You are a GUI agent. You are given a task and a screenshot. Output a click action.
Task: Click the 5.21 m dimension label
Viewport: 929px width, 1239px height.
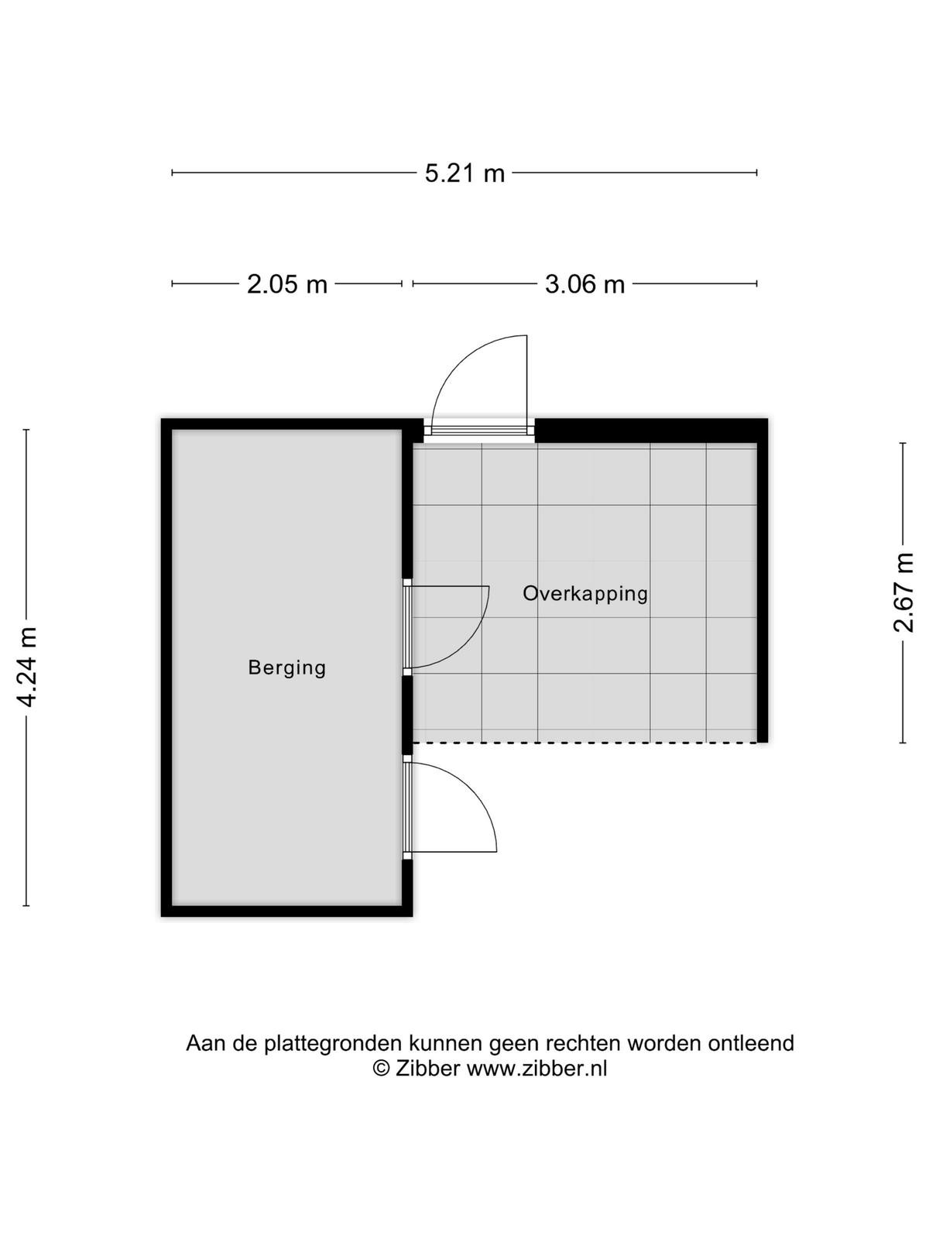(464, 173)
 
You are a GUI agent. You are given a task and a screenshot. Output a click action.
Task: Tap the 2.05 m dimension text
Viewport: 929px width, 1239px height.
(287, 284)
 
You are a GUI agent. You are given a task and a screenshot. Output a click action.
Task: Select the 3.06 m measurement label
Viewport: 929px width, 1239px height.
(585, 284)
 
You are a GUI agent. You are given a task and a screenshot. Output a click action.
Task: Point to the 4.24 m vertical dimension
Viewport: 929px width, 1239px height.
(26, 667)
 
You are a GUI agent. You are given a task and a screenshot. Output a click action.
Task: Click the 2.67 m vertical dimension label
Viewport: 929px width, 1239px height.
(903, 592)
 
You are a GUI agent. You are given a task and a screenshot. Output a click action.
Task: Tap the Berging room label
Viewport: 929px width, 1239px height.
(287, 668)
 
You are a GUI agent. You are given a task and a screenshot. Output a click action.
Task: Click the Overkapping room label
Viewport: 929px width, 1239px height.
(585, 593)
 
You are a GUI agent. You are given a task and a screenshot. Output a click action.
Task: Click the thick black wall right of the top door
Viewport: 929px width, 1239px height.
(651, 431)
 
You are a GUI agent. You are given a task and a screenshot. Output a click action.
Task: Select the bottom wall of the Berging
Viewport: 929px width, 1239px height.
(286, 911)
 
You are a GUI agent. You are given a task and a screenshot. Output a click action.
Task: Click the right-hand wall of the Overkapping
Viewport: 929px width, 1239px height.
(763, 581)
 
